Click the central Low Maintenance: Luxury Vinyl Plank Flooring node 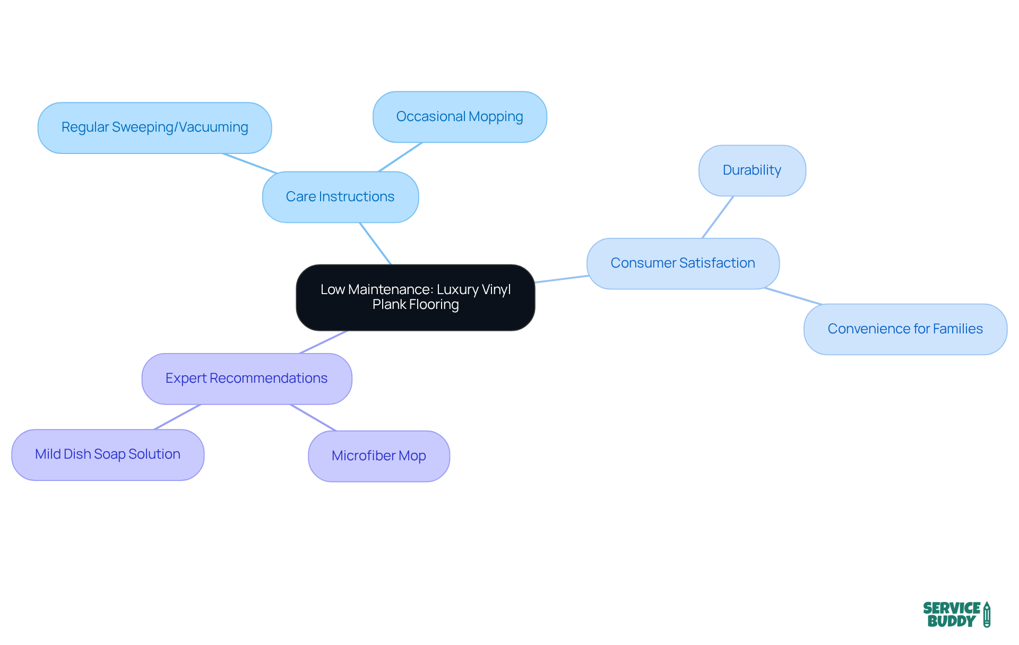coord(415,297)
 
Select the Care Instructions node coord(340,197)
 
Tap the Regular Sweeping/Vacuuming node coord(154,128)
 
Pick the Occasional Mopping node coord(460,117)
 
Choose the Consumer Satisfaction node coord(683,263)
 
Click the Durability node coord(752,170)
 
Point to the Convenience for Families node coord(905,329)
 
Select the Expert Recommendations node coord(246,379)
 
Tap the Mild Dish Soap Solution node coord(108,454)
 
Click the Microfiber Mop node coord(378,456)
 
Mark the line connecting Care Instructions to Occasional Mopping coord(400,157)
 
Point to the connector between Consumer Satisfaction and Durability coord(718,217)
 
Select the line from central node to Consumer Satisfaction coord(561,279)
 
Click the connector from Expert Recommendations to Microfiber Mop coord(313,418)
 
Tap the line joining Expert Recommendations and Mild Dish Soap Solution coord(177,417)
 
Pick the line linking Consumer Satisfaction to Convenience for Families coord(793,297)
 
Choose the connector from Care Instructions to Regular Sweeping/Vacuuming coord(249,163)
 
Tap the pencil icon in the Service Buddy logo coord(987,615)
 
